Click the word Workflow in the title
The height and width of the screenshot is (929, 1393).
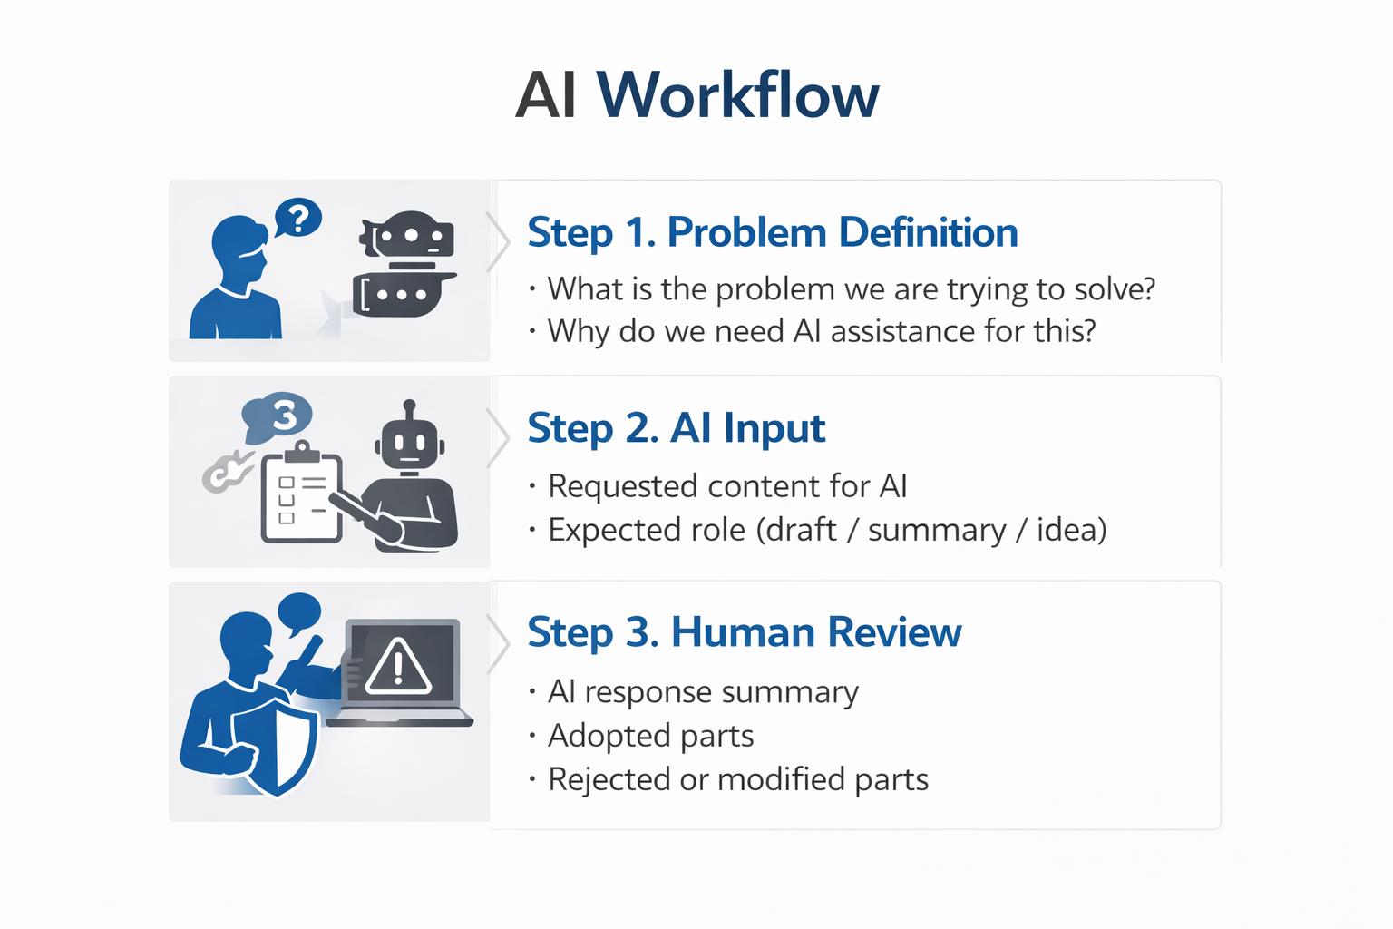pos(737,94)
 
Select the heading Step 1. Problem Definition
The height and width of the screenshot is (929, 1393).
pos(772,232)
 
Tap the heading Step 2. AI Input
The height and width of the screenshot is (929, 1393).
pos(676,428)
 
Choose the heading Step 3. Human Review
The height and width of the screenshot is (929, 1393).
pos(744,632)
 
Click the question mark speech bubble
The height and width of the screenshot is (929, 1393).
pos(297,218)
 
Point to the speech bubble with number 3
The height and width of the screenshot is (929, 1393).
pos(279,416)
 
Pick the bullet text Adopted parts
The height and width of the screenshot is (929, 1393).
pos(650,736)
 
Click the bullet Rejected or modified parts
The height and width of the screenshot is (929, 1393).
pos(737,779)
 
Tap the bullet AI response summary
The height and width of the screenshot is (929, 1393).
pos(702,692)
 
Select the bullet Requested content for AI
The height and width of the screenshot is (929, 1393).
pos(726,486)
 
